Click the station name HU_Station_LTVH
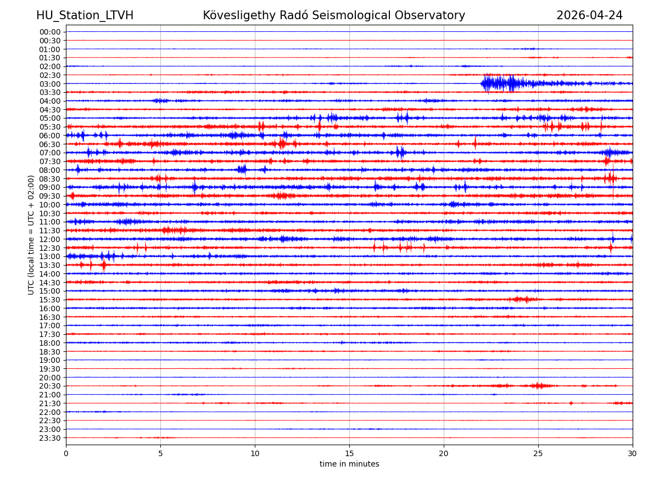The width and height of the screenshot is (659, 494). coord(85,15)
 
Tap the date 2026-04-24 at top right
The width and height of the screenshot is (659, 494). coord(589,15)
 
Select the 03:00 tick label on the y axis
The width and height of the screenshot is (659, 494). coord(50,83)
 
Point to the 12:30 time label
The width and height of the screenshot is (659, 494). coord(50,248)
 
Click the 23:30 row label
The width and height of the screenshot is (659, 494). coord(50,438)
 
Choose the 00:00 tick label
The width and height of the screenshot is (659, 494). coord(50,32)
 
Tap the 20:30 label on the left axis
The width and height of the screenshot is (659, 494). coord(50,386)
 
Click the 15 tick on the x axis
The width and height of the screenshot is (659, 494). coord(349,454)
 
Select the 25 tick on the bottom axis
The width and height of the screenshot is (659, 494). coord(538,454)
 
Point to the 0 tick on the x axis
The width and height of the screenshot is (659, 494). coord(66,454)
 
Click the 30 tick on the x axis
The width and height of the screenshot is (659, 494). coord(633,454)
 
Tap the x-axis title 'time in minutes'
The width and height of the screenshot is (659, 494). coord(349,464)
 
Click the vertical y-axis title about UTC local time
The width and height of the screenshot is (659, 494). coord(31,235)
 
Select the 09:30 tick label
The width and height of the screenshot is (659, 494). coord(50,196)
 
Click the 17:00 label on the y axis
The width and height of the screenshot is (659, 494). coord(50,325)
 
